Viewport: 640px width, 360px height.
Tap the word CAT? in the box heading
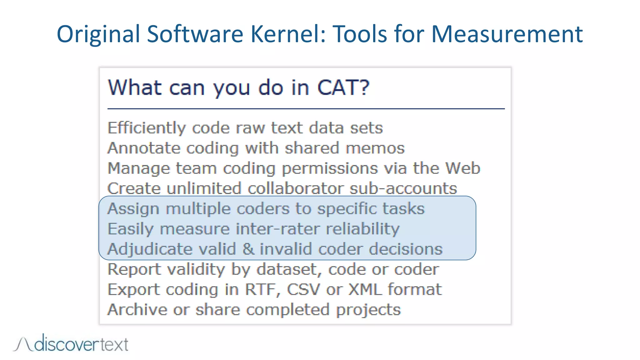pyautogui.click(x=343, y=87)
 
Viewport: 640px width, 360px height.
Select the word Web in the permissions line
pyautogui.click(x=462, y=168)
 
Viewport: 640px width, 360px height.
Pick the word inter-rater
pyautogui.click(x=278, y=229)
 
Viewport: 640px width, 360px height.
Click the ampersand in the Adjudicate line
pyautogui.click(x=248, y=249)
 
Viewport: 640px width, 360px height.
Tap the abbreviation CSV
pyautogui.click(x=303, y=289)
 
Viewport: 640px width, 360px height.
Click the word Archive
pyautogui.click(x=137, y=310)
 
